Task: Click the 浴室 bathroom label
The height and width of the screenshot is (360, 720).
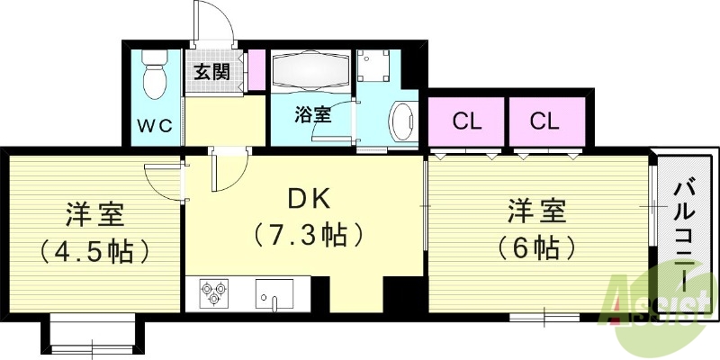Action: tap(313, 116)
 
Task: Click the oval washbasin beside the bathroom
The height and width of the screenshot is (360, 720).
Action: tap(401, 121)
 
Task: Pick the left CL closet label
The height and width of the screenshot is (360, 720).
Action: tap(466, 121)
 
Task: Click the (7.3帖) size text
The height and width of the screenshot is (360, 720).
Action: tap(309, 237)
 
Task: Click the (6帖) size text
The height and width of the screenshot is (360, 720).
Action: tap(535, 246)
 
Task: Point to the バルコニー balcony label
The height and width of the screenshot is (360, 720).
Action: tap(686, 231)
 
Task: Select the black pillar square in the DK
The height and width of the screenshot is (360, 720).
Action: tap(397, 293)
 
